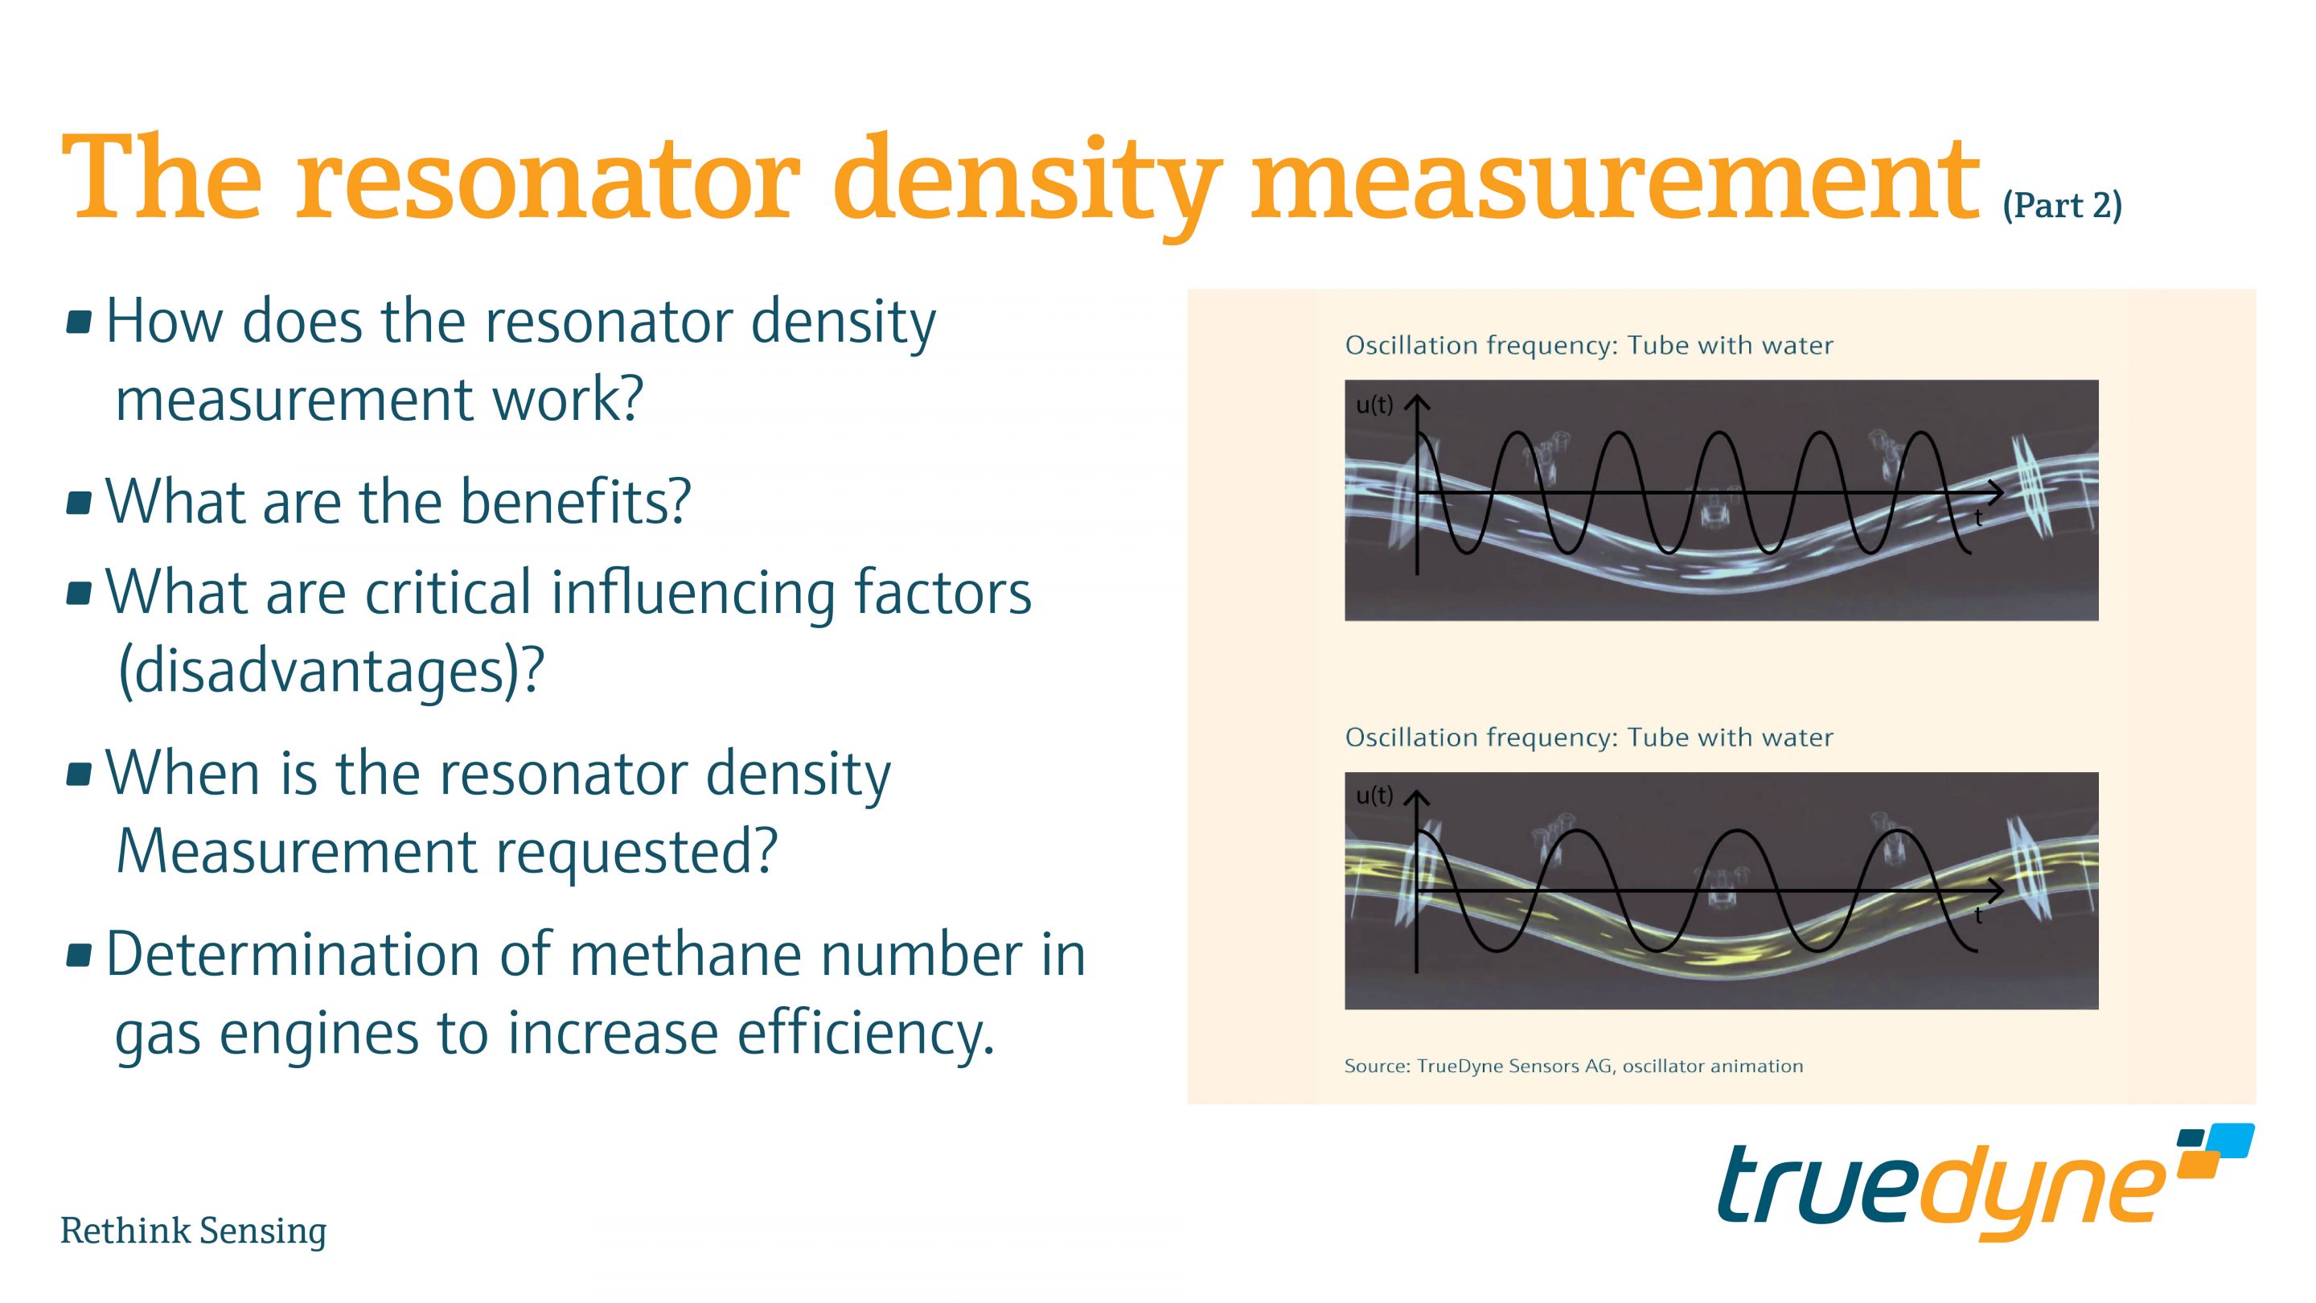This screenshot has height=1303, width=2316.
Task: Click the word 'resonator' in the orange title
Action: tap(547, 180)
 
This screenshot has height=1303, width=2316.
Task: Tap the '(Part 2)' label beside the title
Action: tap(2062, 206)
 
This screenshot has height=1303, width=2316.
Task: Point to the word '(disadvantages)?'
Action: tap(331, 670)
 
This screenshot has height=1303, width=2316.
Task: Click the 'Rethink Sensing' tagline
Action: tap(193, 1230)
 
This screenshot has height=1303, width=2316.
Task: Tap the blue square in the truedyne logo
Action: tap(2231, 1141)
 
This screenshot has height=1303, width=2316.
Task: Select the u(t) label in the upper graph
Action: tap(1373, 405)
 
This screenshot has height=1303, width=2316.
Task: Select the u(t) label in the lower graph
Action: tap(1373, 795)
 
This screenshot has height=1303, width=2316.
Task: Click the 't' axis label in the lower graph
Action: tap(1978, 915)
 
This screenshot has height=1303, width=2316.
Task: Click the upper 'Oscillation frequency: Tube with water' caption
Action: tap(1587, 345)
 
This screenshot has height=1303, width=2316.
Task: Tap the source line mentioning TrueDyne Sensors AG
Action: tap(1572, 1067)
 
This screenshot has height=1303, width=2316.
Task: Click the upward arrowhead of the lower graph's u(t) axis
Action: tap(1417, 798)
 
